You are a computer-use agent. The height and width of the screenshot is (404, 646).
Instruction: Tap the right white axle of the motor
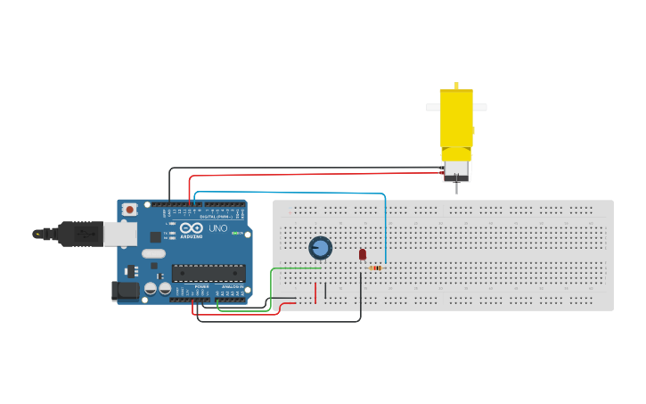[479, 108]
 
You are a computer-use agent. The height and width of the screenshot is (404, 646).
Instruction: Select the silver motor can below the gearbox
[456, 169]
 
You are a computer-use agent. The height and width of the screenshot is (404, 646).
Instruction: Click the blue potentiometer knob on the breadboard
[320, 248]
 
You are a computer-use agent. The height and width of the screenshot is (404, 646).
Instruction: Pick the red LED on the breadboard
[362, 254]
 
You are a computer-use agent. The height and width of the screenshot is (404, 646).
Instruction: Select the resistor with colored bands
[375, 268]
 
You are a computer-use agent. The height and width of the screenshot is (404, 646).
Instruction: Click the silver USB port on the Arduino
[119, 234]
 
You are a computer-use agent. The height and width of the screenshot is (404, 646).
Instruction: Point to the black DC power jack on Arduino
[124, 291]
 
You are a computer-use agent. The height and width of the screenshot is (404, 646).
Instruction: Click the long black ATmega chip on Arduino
[208, 273]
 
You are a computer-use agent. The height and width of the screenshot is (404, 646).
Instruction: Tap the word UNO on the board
[218, 229]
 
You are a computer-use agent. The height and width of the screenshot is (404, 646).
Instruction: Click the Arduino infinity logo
[187, 228]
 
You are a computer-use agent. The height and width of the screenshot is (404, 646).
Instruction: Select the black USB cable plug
[80, 234]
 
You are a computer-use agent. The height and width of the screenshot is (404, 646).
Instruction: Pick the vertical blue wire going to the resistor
[385, 232]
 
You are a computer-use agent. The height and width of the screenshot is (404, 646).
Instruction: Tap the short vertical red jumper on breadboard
[315, 293]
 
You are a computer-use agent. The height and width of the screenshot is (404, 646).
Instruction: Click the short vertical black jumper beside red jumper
[325, 291]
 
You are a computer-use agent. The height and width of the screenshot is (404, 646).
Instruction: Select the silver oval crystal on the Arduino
[153, 253]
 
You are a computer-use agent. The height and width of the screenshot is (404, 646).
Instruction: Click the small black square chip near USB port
[155, 237]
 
